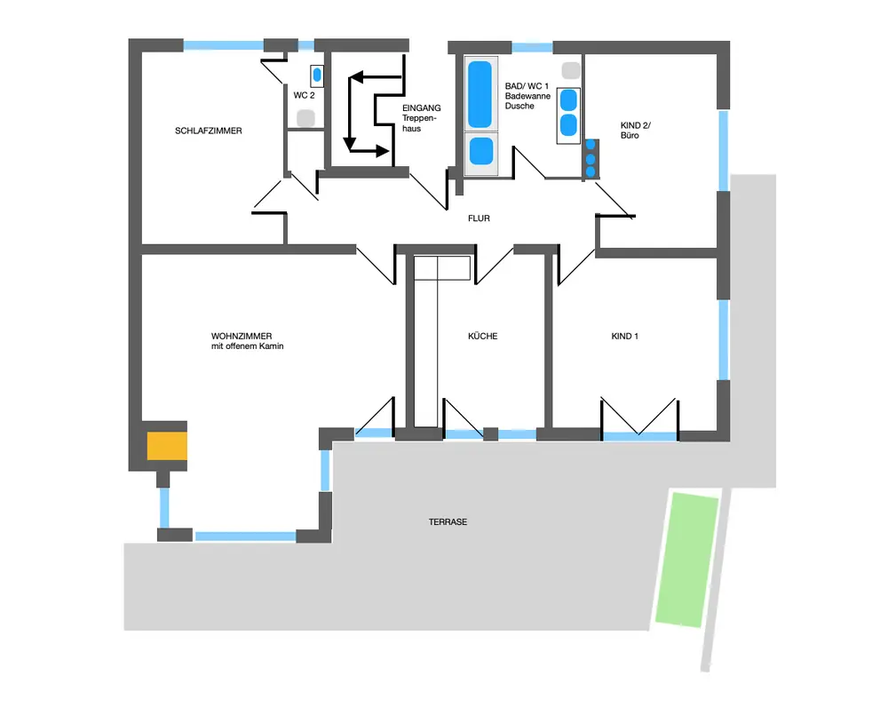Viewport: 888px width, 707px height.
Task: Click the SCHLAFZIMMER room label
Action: tap(209, 131)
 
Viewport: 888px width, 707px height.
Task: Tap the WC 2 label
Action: tap(304, 94)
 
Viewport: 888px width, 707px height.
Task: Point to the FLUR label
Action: tap(480, 218)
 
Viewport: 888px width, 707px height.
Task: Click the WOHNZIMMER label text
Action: tap(235, 336)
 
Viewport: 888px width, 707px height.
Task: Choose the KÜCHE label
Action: tap(483, 337)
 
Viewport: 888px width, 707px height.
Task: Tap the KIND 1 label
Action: tap(625, 337)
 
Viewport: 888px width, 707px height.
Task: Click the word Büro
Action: tap(630, 136)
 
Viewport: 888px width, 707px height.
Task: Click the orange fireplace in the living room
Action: tap(167, 445)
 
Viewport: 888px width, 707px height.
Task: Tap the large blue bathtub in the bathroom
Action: tap(480, 93)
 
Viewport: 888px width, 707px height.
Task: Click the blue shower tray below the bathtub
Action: tap(480, 150)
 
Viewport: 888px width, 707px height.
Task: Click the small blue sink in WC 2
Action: tap(317, 75)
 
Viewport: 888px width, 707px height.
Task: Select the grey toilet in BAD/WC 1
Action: tap(569, 69)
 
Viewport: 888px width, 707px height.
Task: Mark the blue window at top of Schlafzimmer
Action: tap(223, 44)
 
